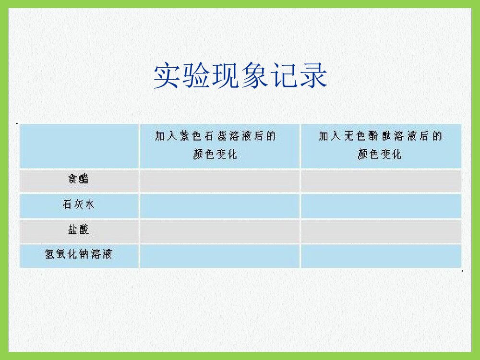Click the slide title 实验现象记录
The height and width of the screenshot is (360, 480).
click(x=240, y=76)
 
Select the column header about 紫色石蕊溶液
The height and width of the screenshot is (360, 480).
click(x=216, y=145)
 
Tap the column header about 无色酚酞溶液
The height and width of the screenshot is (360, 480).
click(x=380, y=145)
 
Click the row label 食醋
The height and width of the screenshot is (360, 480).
click(x=78, y=180)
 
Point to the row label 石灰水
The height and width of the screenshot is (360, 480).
click(x=78, y=205)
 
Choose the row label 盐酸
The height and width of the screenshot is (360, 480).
click(x=78, y=230)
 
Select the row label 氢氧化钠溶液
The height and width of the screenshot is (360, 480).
click(x=78, y=254)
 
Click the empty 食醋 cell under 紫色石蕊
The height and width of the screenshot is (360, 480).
click(x=219, y=180)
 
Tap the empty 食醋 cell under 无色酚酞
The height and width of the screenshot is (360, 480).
click(x=381, y=180)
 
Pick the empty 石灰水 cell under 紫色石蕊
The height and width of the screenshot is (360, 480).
click(x=219, y=205)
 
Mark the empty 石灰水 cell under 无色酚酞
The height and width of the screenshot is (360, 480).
click(x=381, y=205)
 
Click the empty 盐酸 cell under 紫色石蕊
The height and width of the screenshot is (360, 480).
click(x=219, y=231)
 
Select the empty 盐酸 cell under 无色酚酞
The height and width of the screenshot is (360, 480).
click(x=381, y=231)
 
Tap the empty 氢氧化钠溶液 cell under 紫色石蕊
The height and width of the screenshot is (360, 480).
click(x=219, y=256)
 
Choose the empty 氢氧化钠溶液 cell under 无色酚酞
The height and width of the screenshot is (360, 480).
click(x=381, y=256)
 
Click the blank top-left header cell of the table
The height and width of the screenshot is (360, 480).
click(x=79, y=145)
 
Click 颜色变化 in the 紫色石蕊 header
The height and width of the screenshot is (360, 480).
click(x=216, y=155)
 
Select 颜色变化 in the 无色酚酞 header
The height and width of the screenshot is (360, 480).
click(x=380, y=155)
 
